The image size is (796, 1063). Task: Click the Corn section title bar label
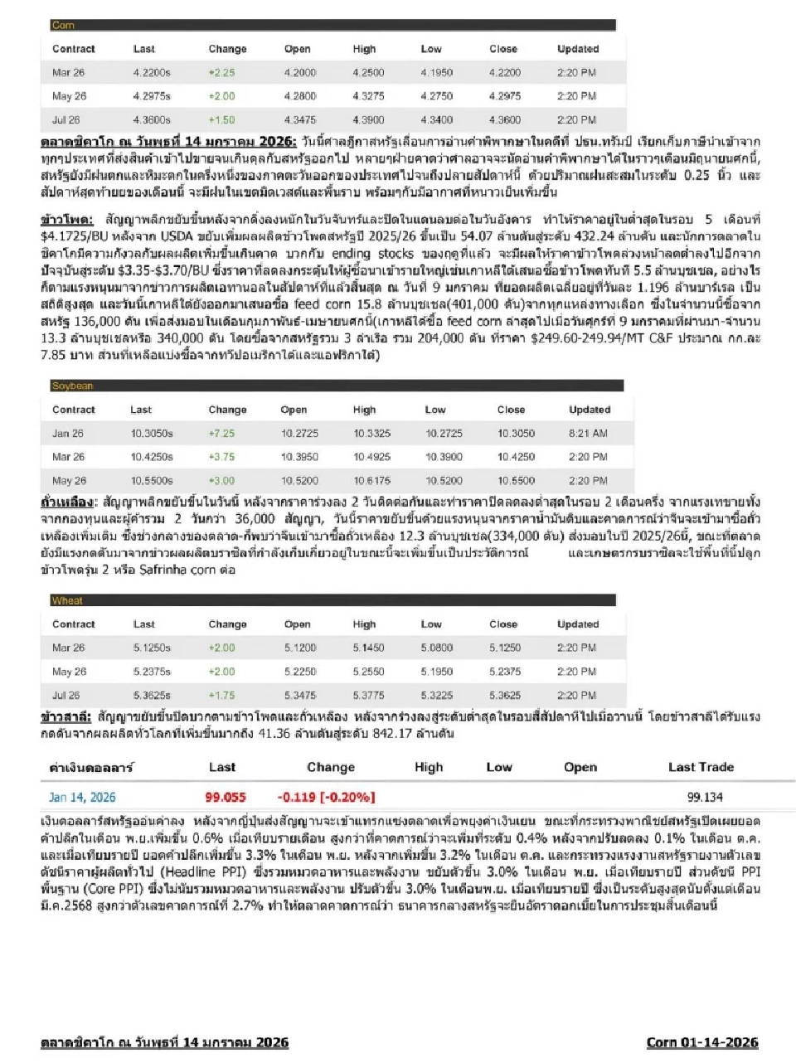[x=63, y=25]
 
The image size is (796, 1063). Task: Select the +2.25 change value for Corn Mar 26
[x=222, y=72]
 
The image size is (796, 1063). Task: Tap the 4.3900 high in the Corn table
[x=368, y=119]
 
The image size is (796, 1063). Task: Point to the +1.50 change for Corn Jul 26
[x=222, y=119]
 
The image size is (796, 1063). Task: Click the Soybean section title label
[x=72, y=386]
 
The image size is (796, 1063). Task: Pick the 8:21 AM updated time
[x=589, y=433]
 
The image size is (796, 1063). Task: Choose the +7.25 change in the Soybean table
[x=222, y=433]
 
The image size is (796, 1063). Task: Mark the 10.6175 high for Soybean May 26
[x=371, y=480]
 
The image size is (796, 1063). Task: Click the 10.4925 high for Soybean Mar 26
[x=371, y=456]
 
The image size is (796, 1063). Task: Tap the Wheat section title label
[x=67, y=600]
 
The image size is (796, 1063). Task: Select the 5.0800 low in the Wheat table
[x=436, y=648]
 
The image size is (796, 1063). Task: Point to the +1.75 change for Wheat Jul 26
[x=222, y=695]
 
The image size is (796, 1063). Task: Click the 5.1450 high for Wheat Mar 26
[x=368, y=648]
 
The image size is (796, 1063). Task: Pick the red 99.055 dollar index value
[x=226, y=797]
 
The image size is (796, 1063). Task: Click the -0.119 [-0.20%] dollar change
[x=328, y=797]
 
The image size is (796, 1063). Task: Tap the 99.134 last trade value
[x=705, y=797]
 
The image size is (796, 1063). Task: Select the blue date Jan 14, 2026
[x=82, y=797]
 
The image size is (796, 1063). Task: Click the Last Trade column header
[x=701, y=767]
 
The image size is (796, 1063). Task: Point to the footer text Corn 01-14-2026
[x=701, y=1042]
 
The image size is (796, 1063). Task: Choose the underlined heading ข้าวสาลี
[x=65, y=716]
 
